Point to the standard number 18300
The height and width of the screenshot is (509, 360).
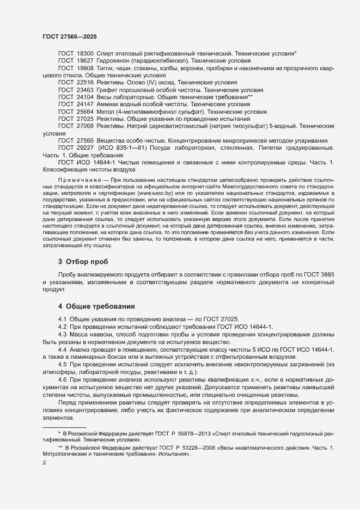[x=85, y=54]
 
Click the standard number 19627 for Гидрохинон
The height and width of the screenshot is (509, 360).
[x=85, y=61]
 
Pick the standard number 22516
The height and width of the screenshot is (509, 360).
[x=85, y=82]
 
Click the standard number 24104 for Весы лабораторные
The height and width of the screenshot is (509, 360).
[x=85, y=96]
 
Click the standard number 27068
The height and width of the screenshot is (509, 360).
[x=85, y=125]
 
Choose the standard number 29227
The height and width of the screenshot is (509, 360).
[x=85, y=147]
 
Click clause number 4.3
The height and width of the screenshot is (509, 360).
[x=63, y=334]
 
